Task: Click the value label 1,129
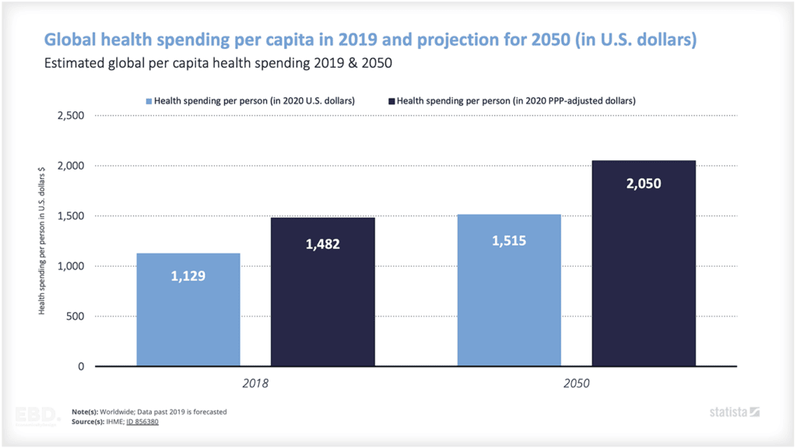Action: tap(188, 275)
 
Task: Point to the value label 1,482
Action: tap(323, 244)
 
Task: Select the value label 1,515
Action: tap(509, 240)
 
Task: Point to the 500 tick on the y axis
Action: tap(75, 317)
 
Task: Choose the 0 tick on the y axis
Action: tap(80, 366)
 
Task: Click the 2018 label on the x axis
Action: tap(256, 383)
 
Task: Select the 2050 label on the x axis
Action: tap(577, 383)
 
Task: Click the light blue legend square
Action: tap(149, 100)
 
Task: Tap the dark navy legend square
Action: tap(391, 100)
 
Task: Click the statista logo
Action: tap(734, 411)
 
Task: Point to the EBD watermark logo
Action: tap(35, 415)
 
